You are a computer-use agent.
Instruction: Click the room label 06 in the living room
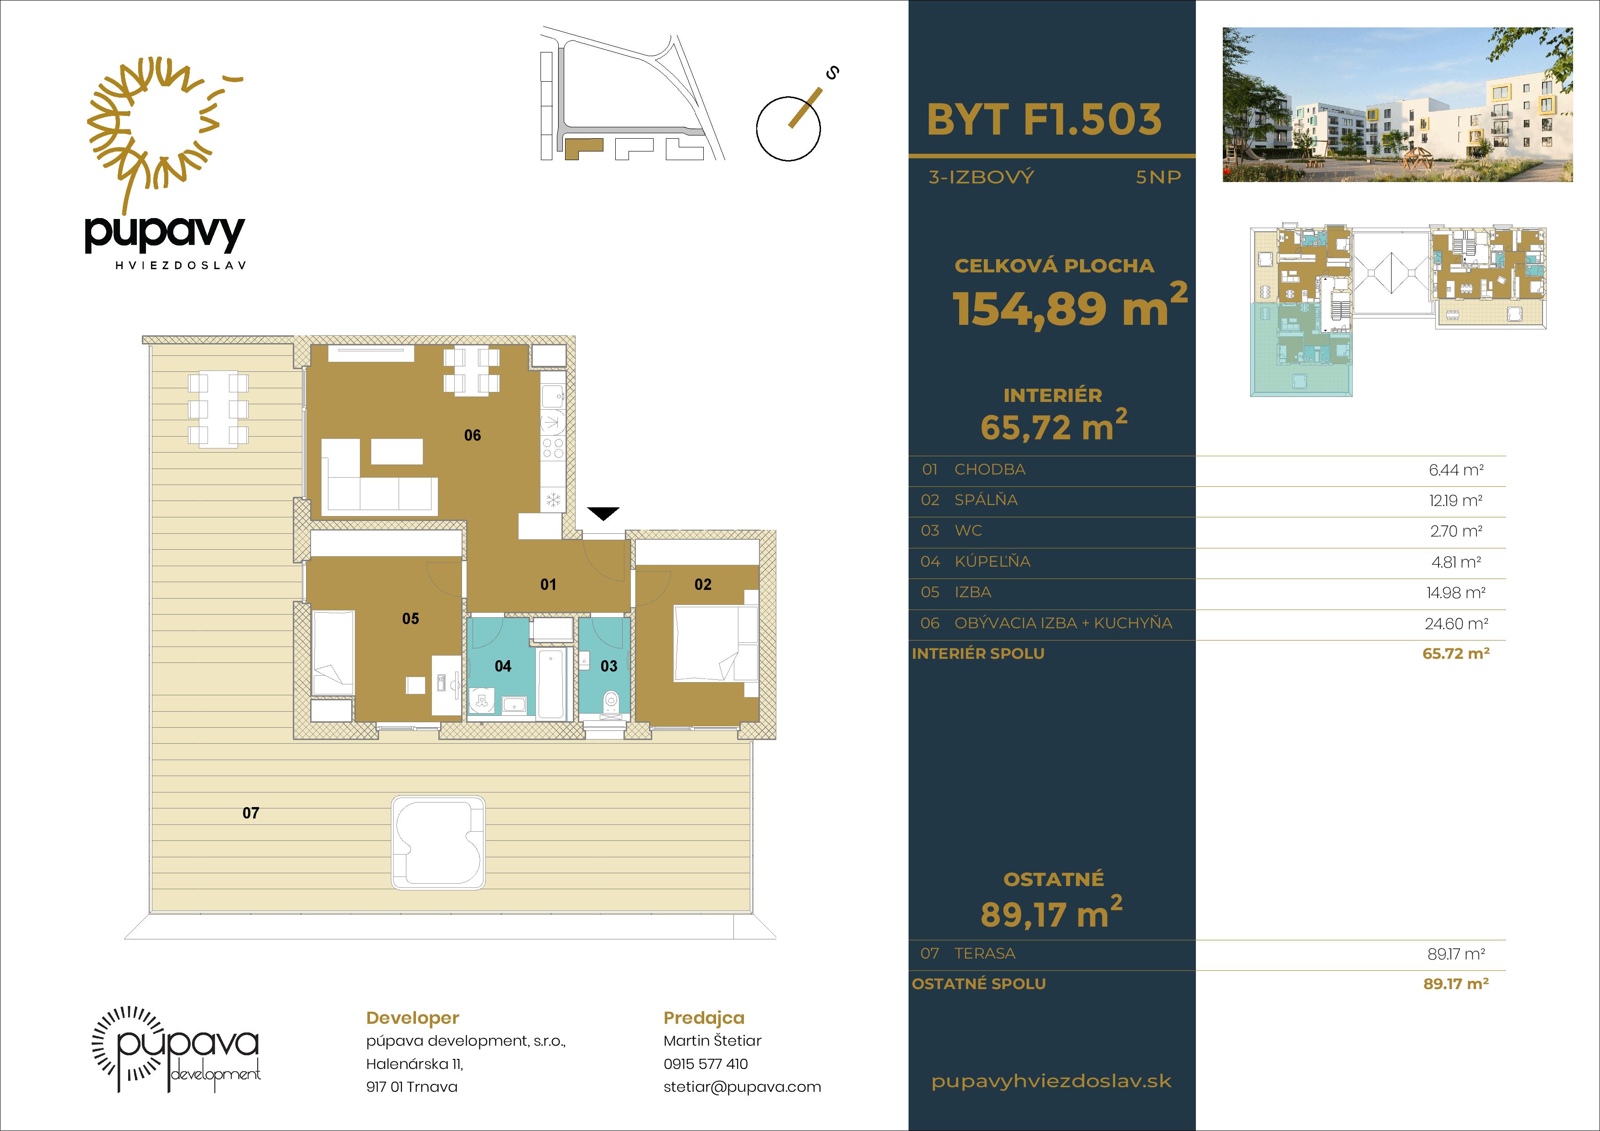point(473,436)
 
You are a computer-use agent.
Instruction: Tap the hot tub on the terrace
point(438,842)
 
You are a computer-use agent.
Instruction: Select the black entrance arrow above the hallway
point(603,514)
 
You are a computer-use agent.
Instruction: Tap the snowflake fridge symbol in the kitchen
point(553,499)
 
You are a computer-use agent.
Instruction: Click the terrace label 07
point(251,813)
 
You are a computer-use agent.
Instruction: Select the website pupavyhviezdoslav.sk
point(1052,1082)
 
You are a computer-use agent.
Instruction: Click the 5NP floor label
point(1158,177)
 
